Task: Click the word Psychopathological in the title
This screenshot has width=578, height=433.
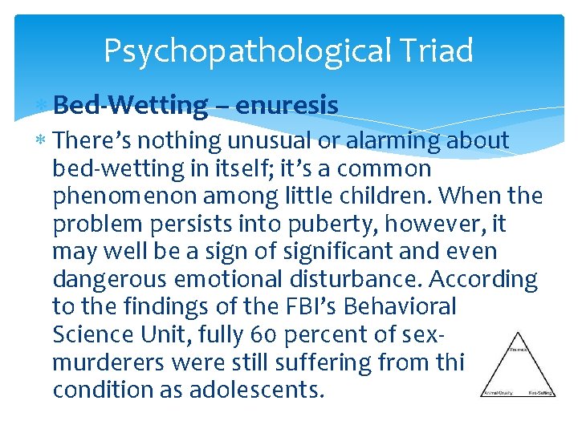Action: pyautogui.click(x=244, y=51)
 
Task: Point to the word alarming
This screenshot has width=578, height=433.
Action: pyautogui.click(x=393, y=141)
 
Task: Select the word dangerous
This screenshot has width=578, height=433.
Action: pyautogui.click(x=112, y=279)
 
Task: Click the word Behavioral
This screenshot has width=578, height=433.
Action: pyautogui.click(x=409, y=306)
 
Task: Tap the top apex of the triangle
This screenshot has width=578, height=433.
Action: pyautogui.click(x=517, y=333)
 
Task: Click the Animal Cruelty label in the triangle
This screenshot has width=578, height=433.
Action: pyautogui.click(x=497, y=393)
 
